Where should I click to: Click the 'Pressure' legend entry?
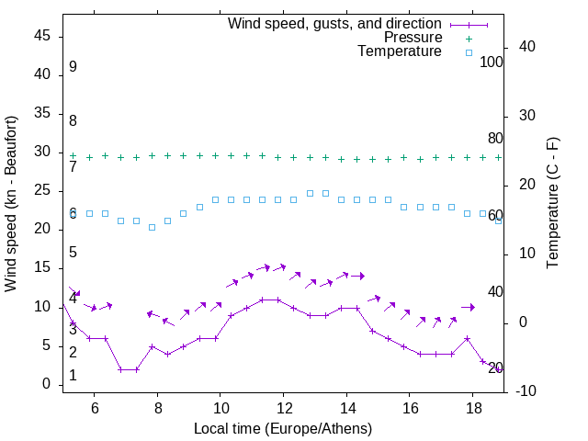click(x=413, y=38)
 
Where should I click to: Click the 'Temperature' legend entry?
click(x=400, y=51)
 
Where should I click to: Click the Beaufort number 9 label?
click(x=73, y=67)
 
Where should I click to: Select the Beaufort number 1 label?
click(x=73, y=376)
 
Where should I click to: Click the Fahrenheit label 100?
click(x=492, y=62)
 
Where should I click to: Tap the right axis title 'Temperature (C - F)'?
click(x=552, y=204)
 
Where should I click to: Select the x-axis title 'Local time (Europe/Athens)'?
click(x=283, y=429)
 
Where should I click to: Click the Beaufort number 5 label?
click(x=73, y=253)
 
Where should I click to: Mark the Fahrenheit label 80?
click(x=495, y=139)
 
